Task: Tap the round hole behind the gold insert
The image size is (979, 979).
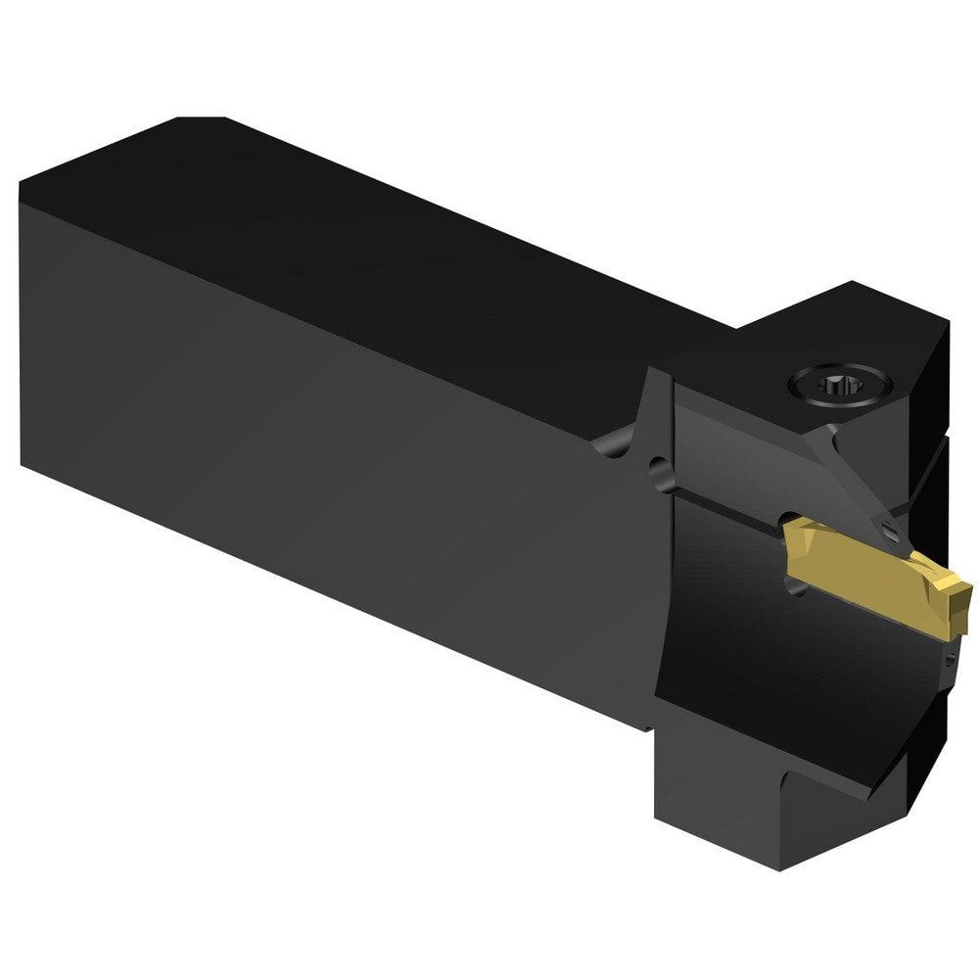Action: pos(795,578)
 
